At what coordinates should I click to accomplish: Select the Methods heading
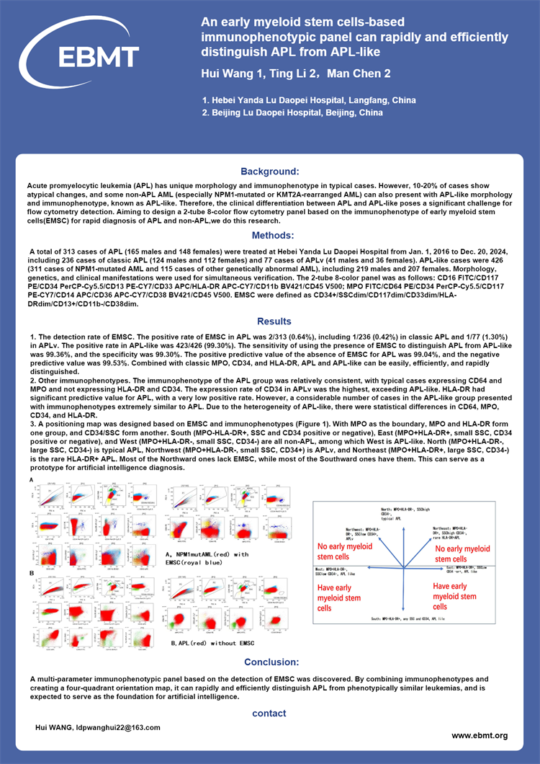click(x=272, y=235)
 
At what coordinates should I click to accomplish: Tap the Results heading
click(x=274, y=321)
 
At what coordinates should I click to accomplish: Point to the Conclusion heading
click(x=271, y=662)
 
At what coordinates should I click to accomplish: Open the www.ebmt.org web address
click(x=480, y=735)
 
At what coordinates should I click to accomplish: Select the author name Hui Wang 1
click(x=228, y=74)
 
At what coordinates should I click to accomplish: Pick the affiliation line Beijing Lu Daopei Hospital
click(x=292, y=113)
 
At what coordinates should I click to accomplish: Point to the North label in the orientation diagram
click(x=410, y=513)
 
